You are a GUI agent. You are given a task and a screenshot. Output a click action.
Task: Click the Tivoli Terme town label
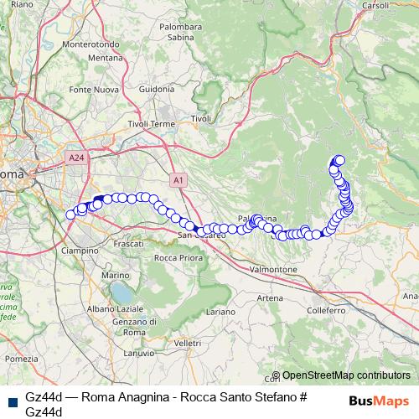[151, 124]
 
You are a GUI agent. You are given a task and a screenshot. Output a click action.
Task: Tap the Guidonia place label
[157, 89]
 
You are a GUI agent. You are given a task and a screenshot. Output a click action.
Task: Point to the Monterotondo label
[93, 44]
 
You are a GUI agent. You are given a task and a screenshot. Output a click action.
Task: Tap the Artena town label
[271, 298]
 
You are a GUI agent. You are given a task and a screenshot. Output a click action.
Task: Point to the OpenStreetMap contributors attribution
[346, 375]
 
